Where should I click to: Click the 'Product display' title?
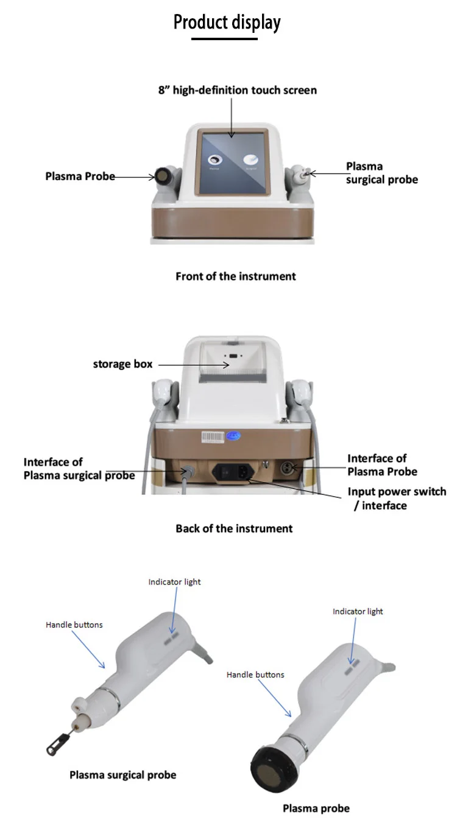[x=227, y=23]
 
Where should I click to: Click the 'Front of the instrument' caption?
[x=235, y=276]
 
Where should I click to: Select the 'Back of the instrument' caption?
[x=234, y=528]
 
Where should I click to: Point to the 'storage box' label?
[x=122, y=365]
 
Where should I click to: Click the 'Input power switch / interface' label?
[x=396, y=498]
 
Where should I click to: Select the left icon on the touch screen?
[x=214, y=160]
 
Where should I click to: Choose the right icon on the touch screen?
[x=251, y=160]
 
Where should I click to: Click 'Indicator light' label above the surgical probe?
[x=174, y=582]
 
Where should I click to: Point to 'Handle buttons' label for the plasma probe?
[x=255, y=675]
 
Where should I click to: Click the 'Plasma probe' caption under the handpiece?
[x=316, y=808]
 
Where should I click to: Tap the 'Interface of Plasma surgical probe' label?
[x=79, y=469]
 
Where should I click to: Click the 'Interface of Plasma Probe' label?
[x=382, y=465]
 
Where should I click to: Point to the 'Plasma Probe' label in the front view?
[x=80, y=176]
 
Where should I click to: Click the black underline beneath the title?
[x=224, y=39]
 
